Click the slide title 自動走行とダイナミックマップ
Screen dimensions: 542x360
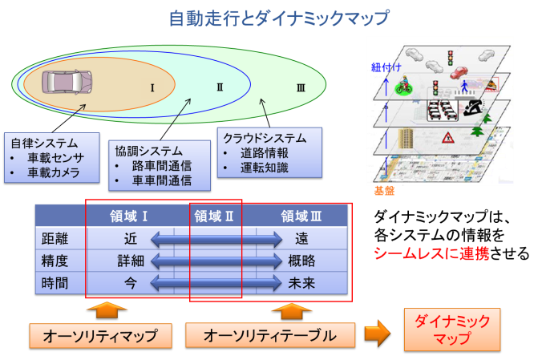point(278,18)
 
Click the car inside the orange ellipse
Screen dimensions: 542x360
point(67,83)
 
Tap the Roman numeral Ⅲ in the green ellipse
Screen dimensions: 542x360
point(301,88)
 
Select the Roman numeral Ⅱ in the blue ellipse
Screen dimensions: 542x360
point(220,87)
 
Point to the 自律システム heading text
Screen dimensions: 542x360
point(44,143)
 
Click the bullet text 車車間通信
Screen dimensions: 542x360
point(162,180)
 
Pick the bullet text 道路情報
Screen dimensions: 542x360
point(265,153)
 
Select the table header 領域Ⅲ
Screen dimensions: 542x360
point(301,216)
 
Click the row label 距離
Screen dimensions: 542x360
point(55,239)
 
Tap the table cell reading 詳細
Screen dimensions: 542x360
point(131,261)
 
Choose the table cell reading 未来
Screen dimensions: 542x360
point(301,283)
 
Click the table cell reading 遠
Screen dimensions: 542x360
point(301,239)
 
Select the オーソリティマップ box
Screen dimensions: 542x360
point(100,335)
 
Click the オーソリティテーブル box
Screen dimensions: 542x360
point(270,335)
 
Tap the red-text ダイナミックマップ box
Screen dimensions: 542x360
point(452,330)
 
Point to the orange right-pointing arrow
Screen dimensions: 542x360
point(378,334)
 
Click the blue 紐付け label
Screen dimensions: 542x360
point(386,67)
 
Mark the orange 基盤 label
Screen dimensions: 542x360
point(384,191)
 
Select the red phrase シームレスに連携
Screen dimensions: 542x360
point(431,253)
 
